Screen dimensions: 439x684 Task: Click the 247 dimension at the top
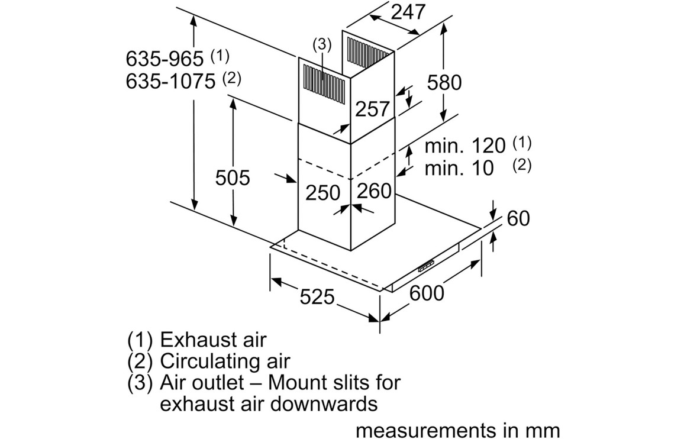pyautogui.click(x=408, y=13)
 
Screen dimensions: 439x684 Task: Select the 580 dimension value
pyautogui.click(x=444, y=82)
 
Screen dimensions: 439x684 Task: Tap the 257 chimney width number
pyautogui.click(x=372, y=109)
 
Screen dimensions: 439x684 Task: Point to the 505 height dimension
pyautogui.click(x=233, y=177)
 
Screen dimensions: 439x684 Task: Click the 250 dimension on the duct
pyautogui.click(x=323, y=192)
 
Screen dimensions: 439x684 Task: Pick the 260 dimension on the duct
pyautogui.click(x=375, y=191)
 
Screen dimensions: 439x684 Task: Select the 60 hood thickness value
pyautogui.click(x=518, y=218)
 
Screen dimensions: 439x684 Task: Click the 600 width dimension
pyautogui.click(x=426, y=292)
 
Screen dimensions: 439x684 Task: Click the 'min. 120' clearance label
pyautogui.click(x=465, y=146)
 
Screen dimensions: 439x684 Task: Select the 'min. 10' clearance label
pyautogui.click(x=459, y=168)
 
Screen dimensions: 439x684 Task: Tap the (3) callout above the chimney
pyautogui.click(x=322, y=44)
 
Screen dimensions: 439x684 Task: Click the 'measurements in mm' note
pyautogui.click(x=457, y=430)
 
